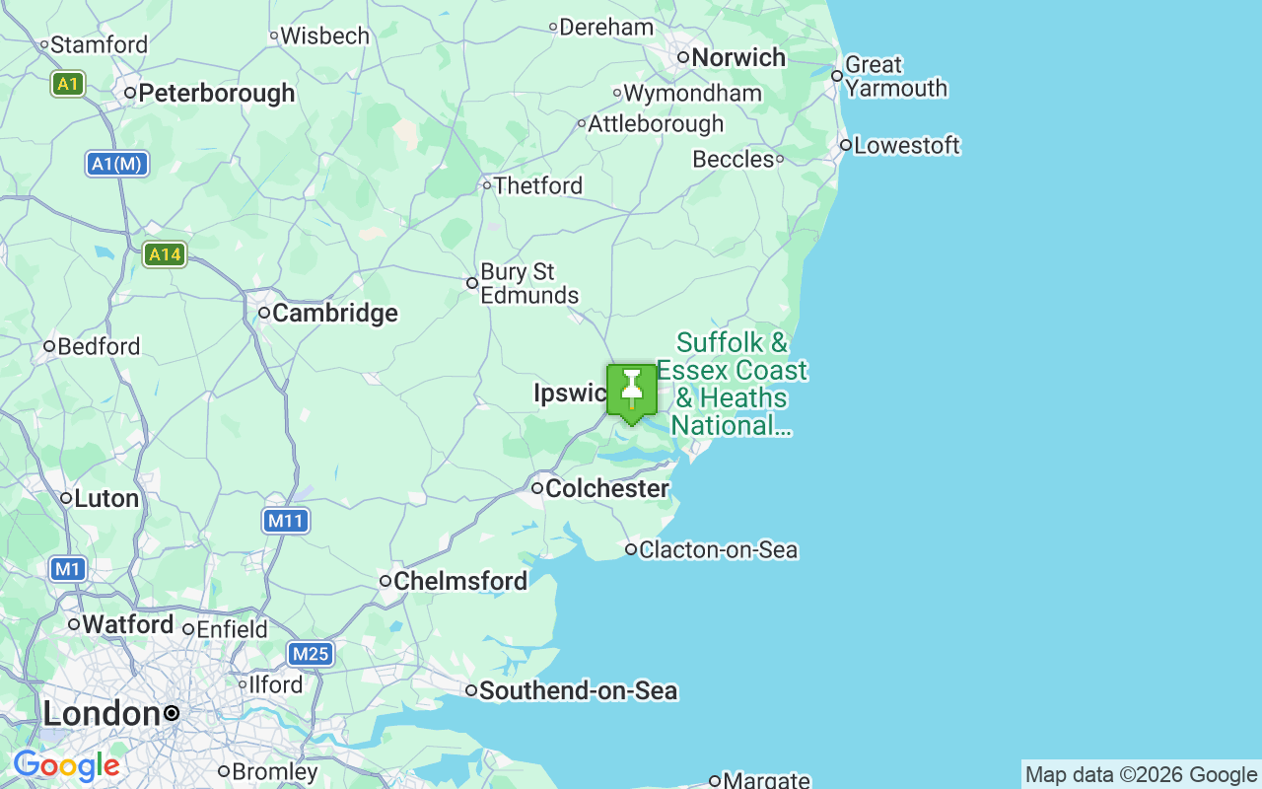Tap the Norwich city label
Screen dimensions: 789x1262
[738, 57]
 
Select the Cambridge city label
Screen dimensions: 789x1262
[334, 314]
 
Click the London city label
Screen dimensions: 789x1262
[102, 713]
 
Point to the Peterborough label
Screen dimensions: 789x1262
[217, 94]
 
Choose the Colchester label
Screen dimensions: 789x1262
[606, 488]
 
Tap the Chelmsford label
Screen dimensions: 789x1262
[460, 582]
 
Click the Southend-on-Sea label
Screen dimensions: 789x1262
[578, 690]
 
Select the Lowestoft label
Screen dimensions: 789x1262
[906, 146]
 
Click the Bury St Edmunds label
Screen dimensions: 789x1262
[529, 283]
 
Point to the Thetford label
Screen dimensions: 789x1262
[537, 185]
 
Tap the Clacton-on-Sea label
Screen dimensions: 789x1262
[718, 549]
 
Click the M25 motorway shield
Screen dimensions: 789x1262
[311, 653]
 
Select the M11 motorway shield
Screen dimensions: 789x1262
[286, 520]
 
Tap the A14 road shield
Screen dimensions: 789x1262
[164, 254]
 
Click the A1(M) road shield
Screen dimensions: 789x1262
[117, 164]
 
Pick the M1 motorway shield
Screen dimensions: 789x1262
[67, 569]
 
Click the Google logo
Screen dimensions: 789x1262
[66, 765]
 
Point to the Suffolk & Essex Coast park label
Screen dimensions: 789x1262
[733, 384]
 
